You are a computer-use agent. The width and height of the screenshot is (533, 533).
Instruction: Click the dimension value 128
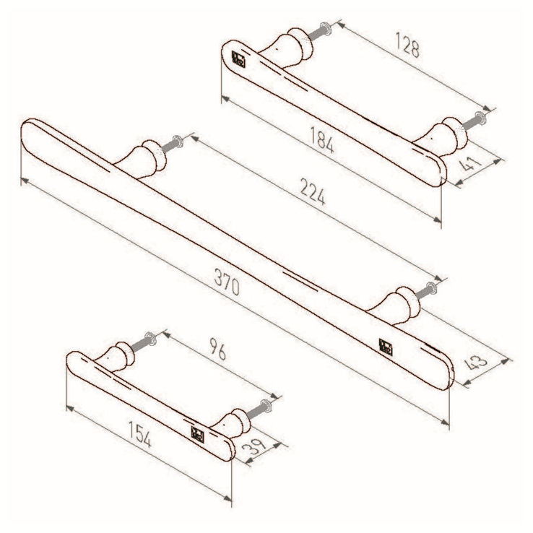coord(407,45)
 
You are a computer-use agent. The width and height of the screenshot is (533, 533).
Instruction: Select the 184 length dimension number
coord(321,139)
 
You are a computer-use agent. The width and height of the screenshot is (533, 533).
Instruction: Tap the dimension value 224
coord(313,192)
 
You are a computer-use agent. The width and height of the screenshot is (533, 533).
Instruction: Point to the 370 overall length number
coord(227,282)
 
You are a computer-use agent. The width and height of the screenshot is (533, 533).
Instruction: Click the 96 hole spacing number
coord(217,348)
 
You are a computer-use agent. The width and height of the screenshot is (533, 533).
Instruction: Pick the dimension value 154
coord(139,434)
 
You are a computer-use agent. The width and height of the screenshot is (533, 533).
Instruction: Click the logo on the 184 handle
coord(238,58)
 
